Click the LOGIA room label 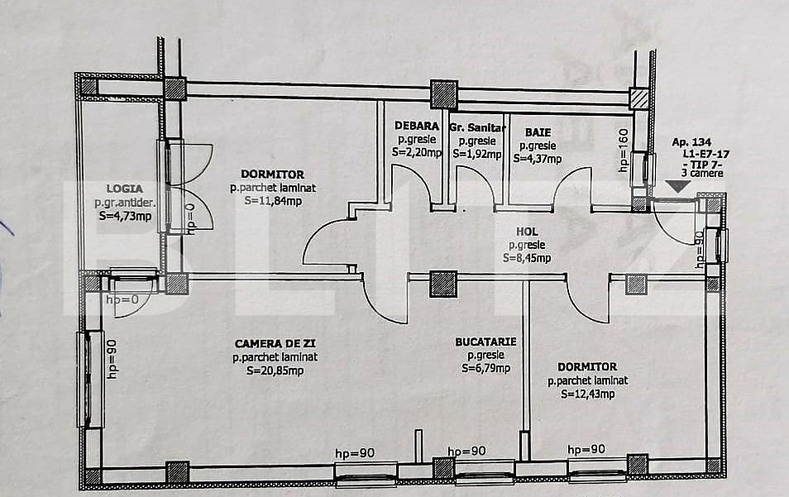[125, 189]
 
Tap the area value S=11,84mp [273, 201]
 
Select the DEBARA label [417, 127]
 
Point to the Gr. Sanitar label [477, 127]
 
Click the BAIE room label [538, 132]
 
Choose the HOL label [527, 232]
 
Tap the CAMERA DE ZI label [275, 343]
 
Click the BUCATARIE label [485, 342]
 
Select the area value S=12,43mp [588, 394]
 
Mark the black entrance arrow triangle [678, 187]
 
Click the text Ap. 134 [691, 142]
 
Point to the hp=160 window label [624, 151]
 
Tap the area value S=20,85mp [275, 371]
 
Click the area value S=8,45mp [527, 258]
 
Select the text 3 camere [702, 173]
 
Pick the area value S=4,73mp [125, 217]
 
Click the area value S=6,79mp [485, 368]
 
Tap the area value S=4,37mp [538, 159]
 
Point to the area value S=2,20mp [417, 152]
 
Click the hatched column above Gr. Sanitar [444, 94]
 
